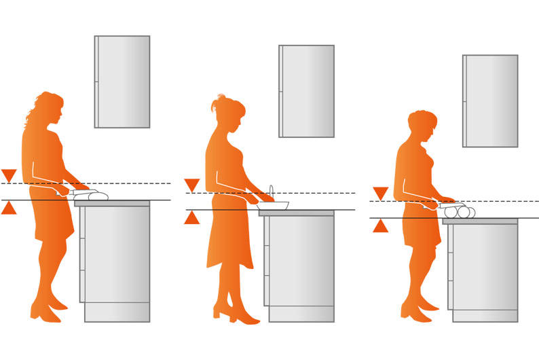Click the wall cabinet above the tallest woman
pyautogui.click(x=122, y=82)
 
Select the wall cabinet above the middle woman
pyautogui.click(x=307, y=91)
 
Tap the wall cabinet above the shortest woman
pyautogui.click(x=490, y=101)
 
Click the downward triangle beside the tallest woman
pyautogui.click(x=9, y=175)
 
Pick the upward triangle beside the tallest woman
pyautogui.click(x=9, y=208)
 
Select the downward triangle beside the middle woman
pyautogui.click(x=192, y=185)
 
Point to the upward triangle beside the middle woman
pyautogui.click(x=192, y=218)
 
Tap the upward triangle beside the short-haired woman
pyautogui.click(x=380, y=226)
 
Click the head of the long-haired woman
pyautogui.click(x=49, y=109)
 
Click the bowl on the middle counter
pyautogui.click(x=274, y=205)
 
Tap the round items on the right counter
pyautogui.click(x=459, y=213)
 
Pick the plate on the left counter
pyautogui.click(x=92, y=196)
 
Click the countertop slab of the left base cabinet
pyautogui.click(x=112, y=203)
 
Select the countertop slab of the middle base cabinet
pyautogui.click(x=297, y=213)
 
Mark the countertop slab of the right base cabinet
pyautogui.click(x=480, y=221)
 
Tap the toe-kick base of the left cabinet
pyautogui.click(x=117, y=312)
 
